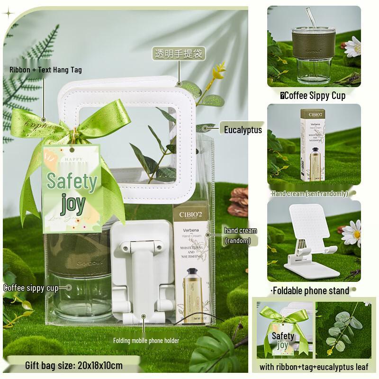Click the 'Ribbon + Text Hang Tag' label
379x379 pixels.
(45, 70)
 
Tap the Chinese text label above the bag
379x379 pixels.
(179, 54)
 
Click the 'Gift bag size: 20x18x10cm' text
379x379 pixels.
(74, 365)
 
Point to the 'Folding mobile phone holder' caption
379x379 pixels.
(146, 340)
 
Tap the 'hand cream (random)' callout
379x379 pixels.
(241, 235)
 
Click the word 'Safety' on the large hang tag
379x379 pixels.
(72, 181)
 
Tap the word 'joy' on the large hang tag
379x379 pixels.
(73, 204)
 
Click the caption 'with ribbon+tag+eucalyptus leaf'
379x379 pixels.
(314, 367)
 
